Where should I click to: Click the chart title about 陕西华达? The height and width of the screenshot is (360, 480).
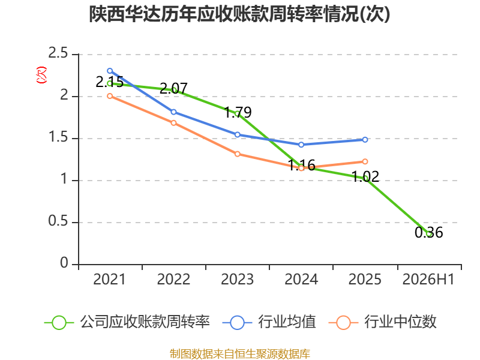coord(239,14)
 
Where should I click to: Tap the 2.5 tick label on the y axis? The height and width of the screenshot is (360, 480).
coord(58,53)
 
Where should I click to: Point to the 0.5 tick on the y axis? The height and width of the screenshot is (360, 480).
coord(58,221)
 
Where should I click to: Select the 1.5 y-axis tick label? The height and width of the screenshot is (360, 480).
coord(58,137)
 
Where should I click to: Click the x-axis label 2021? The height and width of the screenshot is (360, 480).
coord(110,280)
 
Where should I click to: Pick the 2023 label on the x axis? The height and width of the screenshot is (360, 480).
coord(237,280)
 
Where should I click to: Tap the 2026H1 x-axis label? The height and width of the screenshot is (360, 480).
coord(428,280)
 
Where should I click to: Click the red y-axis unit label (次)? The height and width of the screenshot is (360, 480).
coord(41,75)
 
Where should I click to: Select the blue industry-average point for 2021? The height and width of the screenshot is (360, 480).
coord(110,71)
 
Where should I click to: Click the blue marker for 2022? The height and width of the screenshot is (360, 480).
coord(173,112)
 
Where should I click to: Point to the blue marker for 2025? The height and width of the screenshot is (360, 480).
coord(365,140)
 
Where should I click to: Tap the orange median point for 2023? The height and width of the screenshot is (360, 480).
coord(238,154)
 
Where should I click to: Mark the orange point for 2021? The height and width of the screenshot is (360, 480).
coord(110,96)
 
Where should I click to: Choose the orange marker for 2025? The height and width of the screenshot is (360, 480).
coord(365,161)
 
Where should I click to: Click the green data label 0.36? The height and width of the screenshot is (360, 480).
coord(428,232)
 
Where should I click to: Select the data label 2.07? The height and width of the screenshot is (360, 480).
coord(173,88)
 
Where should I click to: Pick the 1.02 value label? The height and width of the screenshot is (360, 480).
coord(365,176)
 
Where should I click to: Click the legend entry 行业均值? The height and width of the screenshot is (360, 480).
coord(269,322)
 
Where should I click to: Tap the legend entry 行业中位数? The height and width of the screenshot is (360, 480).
coord(382,322)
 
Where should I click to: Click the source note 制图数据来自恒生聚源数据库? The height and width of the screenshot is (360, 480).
coord(240,354)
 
